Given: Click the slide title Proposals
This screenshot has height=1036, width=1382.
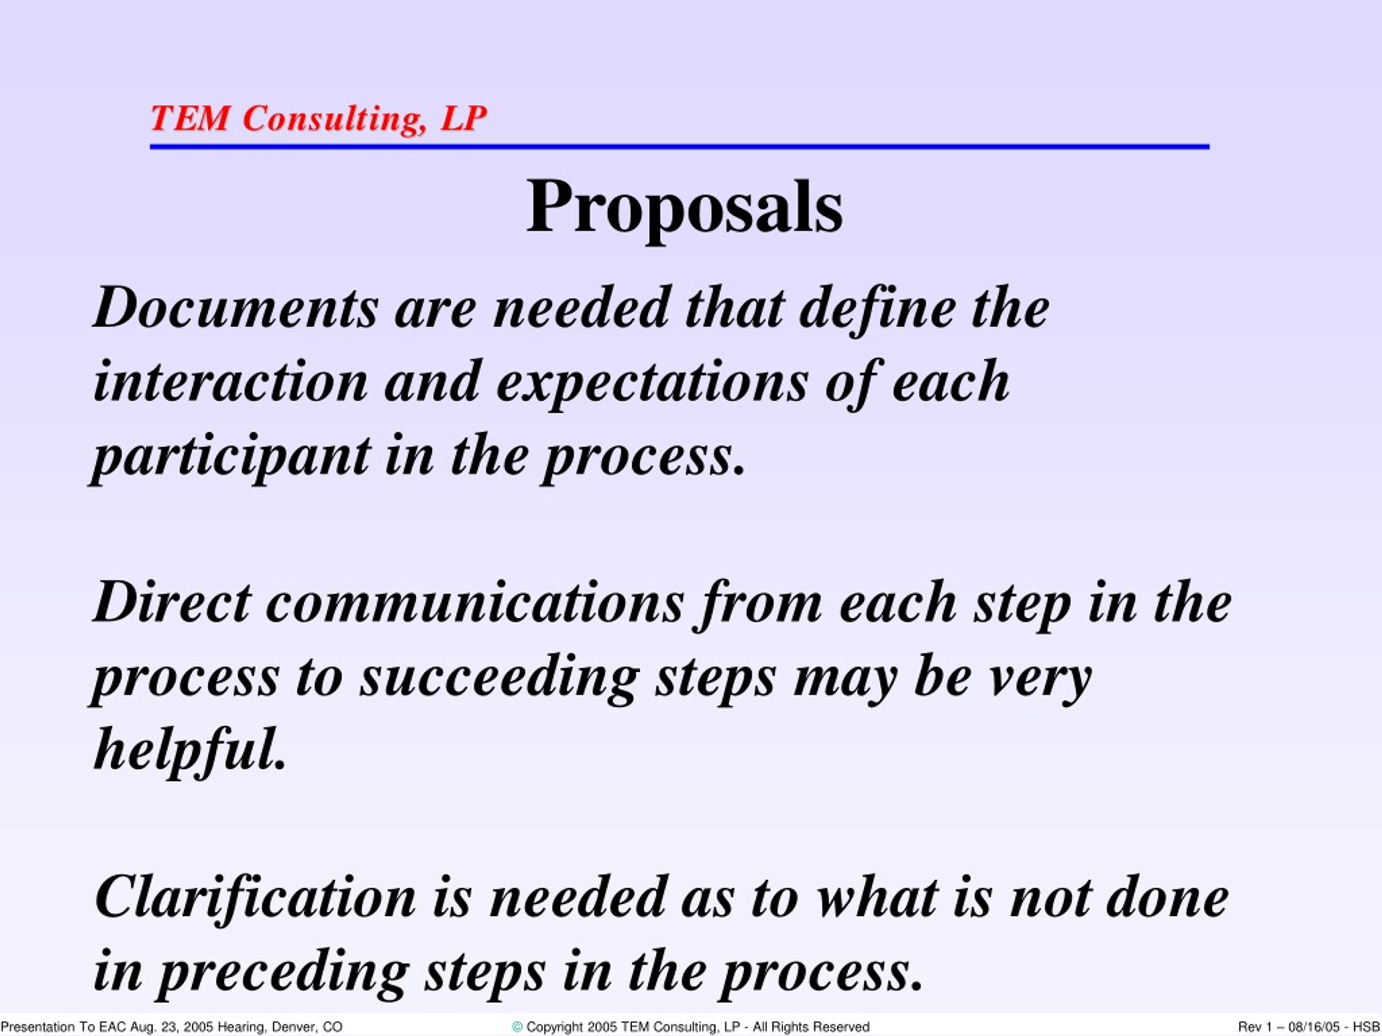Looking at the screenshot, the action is pyautogui.click(x=685, y=207).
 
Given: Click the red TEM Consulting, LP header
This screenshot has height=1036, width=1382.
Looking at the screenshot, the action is pyautogui.click(x=319, y=118).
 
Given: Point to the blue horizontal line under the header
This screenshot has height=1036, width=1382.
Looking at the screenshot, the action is pyautogui.click(x=680, y=147).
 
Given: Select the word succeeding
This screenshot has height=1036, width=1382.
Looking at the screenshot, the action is pyautogui.click(x=500, y=679).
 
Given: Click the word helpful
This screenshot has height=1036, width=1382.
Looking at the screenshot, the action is pyautogui.click(x=190, y=749).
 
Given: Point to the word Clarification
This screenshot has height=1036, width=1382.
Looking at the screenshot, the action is pyautogui.click(x=255, y=897).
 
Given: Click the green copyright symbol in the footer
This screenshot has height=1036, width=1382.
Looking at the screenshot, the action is pyautogui.click(x=517, y=1027).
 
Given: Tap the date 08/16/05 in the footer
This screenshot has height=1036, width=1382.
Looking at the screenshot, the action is pyautogui.click(x=1312, y=1027).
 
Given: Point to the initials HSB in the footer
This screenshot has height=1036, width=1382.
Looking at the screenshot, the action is pyautogui.click(x=1366, y=1027).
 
